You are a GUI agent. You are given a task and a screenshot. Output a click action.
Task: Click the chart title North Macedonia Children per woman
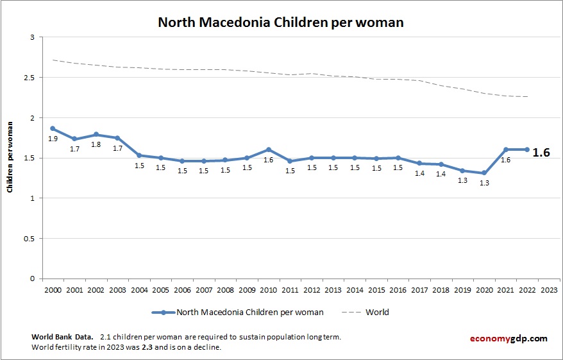pyautogui.click(x=281, y=22)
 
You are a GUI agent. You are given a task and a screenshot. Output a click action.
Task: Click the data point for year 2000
pyautogui.click(x=53, y=128)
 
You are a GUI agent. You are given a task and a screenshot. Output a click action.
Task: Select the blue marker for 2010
pyautogui.click(x=269, y=150)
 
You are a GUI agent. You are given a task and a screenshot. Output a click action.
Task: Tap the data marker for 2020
pyautogui.click(x=484, y=173)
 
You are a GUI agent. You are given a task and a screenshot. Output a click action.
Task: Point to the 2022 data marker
pyautogui.click(x=527, y=150)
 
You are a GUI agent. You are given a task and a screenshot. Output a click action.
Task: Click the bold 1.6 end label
pyautogui.click(x=542, y=153)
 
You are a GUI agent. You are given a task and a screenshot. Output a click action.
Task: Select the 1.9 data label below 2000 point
pyautogui.click(x=53, y=139)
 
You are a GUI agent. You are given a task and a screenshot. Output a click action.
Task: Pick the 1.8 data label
pyautogui.click(x=96, y=144)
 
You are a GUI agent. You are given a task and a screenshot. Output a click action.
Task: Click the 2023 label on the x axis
pyautogui.click(x=549, y=290)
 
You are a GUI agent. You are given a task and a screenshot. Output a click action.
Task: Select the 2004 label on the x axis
pyautogui.click(x=139, y=290)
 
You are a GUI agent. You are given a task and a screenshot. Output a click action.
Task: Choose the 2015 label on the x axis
pyautogui.click(x=376, y=290)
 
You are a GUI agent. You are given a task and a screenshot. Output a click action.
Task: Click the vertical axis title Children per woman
pyautogui.click(x=10, y=158)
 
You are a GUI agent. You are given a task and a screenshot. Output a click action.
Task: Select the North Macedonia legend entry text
pyautogui.click(x=250, y=313)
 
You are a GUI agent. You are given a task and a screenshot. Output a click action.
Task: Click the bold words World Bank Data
pyautogui.click(x=62, y=337)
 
